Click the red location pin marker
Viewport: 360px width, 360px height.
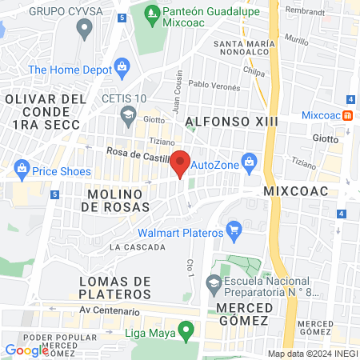coord(181,162)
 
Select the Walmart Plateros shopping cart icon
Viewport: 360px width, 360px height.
coord(234,232)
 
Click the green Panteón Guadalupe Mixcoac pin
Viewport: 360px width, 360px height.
coord(150,14)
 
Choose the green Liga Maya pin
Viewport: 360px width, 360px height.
coord(186,330)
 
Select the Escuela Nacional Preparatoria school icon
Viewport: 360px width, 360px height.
coord(214,283)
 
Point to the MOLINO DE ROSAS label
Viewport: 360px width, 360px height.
coord(118,200)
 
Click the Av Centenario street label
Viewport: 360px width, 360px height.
coord(110,310)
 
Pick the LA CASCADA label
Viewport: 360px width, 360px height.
coord(138,247)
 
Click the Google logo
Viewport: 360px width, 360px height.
coord(26,350)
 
